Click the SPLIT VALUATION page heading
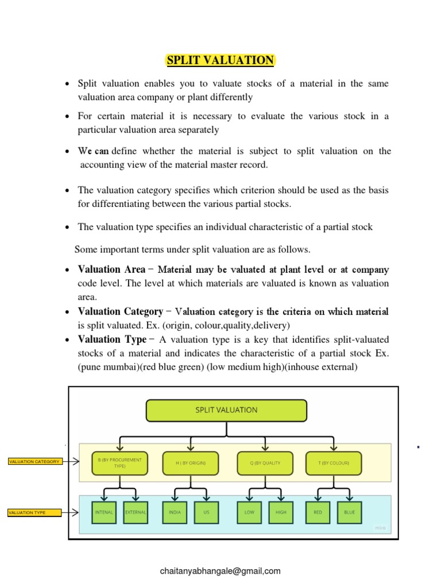click(220, 60)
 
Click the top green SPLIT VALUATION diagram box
click(226, 410)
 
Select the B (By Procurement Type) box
click(119, 463)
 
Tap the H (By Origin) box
click(191, 463)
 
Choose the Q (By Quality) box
click(264, 463)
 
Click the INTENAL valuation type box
click(104, 512)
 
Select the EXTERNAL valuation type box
click(136, 512)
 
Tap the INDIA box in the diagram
click(175, 512)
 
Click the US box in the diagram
click(206, 512)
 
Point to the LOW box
click(249, 512)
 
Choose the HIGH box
click(281, 512)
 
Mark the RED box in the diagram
click(318, 512)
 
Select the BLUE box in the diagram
click(349, 512)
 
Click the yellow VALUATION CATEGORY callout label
click(34, 461)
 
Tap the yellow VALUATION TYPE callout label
click(34, 512)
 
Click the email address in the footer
click(220, 571)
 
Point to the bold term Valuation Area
click(111, 269)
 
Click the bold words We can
click(94, 151)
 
